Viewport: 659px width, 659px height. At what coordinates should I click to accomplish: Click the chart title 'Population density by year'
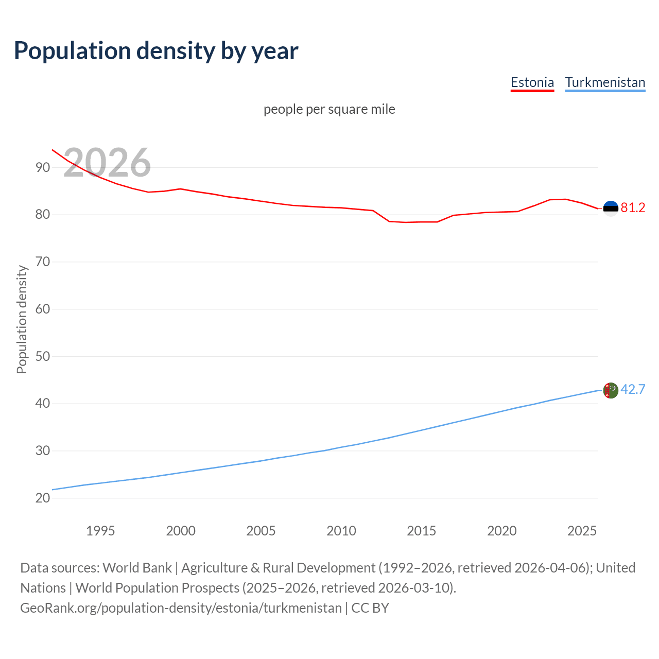156,51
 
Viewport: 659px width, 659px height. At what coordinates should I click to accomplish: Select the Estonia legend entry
532,82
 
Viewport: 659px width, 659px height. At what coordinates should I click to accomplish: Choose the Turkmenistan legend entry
605,82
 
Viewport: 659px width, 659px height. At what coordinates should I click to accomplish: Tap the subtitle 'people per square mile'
329,109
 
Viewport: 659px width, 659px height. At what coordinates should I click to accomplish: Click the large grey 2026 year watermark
107,163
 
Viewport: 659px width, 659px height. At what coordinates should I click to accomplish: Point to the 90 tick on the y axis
43,167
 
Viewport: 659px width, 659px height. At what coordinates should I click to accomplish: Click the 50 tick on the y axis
43,356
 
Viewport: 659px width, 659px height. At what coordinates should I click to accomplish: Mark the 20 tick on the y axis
43,498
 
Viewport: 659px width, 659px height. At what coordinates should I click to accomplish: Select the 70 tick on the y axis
43,262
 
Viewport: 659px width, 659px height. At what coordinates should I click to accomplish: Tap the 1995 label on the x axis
100,531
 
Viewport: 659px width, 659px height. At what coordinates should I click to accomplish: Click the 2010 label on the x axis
341,531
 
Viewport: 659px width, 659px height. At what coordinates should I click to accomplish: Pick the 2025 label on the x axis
582,531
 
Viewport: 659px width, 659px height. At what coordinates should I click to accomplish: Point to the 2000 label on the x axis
181,531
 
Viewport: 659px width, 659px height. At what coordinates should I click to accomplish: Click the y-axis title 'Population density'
22,319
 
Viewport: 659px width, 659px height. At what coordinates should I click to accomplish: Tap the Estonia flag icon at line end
611,208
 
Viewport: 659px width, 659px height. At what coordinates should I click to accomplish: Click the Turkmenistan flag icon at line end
611,390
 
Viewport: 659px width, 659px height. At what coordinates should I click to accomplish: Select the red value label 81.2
633,207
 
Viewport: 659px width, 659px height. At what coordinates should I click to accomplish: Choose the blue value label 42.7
633,389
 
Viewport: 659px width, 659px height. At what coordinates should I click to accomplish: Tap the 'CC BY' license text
370,608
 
